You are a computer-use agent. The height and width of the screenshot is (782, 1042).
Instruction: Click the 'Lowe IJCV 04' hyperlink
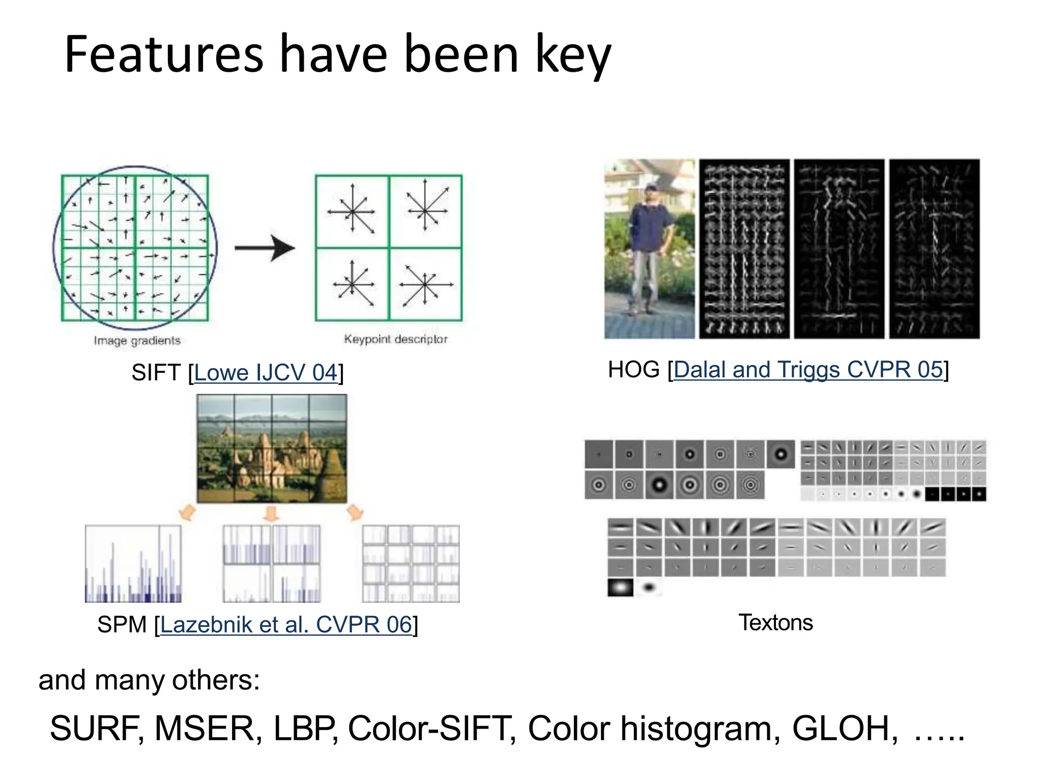pyautogui.click(x=266, y=373)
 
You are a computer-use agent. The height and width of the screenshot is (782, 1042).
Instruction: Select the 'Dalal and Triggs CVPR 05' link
pyautogui.click(x=808, y=370)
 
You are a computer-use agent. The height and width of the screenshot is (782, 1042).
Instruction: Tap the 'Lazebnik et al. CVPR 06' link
pyautogui.click(x=285, y=625)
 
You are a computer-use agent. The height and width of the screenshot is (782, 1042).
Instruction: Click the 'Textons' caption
pyautogui.click(x=775, y=623)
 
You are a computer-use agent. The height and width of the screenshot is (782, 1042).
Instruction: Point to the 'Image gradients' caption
pyautogui.click(x=137, y=341)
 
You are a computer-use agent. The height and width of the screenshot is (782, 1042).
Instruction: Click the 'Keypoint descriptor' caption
pyautogui.click(x=395, y=339)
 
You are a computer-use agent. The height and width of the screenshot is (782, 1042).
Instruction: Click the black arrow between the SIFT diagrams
pyautogui.click(x=265, y=248)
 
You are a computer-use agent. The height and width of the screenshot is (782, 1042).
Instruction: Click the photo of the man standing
pyautogui.click(x=649, y=249)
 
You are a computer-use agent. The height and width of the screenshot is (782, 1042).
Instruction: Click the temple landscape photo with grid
pyautogui.click(x=272, y=448)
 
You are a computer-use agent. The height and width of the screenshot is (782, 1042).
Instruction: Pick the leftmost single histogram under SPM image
pyautogui.click(x=133, y=564)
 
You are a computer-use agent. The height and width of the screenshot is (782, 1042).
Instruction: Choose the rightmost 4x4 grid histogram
pyautogui.click(x=411, y=564)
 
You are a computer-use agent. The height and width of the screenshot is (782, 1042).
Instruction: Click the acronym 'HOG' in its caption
pyautogui.click(x=633, y=370)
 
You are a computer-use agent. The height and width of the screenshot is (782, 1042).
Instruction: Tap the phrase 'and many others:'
pyautogui.click(x=149, y=680)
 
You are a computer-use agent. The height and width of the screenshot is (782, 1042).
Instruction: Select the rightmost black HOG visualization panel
pyautogui.click(x=934, y=249)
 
